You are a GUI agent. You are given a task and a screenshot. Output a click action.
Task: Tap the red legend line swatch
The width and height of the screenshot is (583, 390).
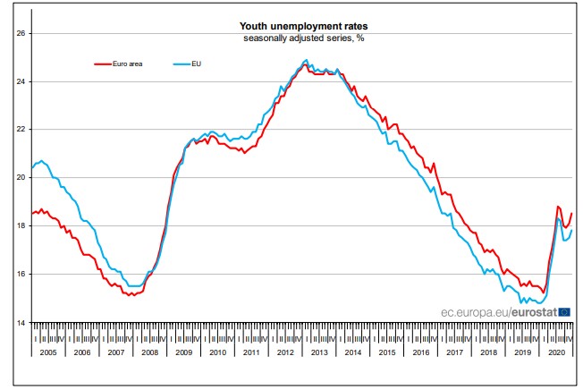tap(107, 64)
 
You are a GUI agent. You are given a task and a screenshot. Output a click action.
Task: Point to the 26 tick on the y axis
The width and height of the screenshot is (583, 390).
tap(22, 34)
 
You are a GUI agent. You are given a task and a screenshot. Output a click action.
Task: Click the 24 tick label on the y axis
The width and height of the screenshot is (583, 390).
tap(22, 82)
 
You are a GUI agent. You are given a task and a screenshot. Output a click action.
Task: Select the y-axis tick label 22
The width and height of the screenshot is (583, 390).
tap(22, 130)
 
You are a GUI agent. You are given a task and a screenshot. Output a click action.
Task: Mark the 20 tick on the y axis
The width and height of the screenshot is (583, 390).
tap(22, 178)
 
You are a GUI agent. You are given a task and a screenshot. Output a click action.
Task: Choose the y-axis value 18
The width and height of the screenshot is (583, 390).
tap(22, 226)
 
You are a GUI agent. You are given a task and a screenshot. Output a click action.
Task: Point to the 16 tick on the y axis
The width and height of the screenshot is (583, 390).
tap(22, 274)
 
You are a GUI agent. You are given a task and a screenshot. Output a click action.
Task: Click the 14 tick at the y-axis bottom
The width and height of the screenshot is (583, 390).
tap(22, 322)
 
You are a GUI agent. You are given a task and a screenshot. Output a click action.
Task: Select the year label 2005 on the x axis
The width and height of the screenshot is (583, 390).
tap(48, 352)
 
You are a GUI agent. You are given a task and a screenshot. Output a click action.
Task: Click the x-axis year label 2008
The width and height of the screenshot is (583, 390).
tap(150, 352)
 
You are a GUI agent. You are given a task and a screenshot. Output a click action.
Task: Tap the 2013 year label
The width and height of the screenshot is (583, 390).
tap(319, 352)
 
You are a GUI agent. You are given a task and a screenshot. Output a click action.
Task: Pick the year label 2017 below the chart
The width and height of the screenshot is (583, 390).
tap(455, 352)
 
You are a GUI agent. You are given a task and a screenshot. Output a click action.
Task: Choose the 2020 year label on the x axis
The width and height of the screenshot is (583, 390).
tap(556, 352)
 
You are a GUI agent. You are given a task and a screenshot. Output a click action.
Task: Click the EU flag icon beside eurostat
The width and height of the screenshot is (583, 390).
tap(564, 312)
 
